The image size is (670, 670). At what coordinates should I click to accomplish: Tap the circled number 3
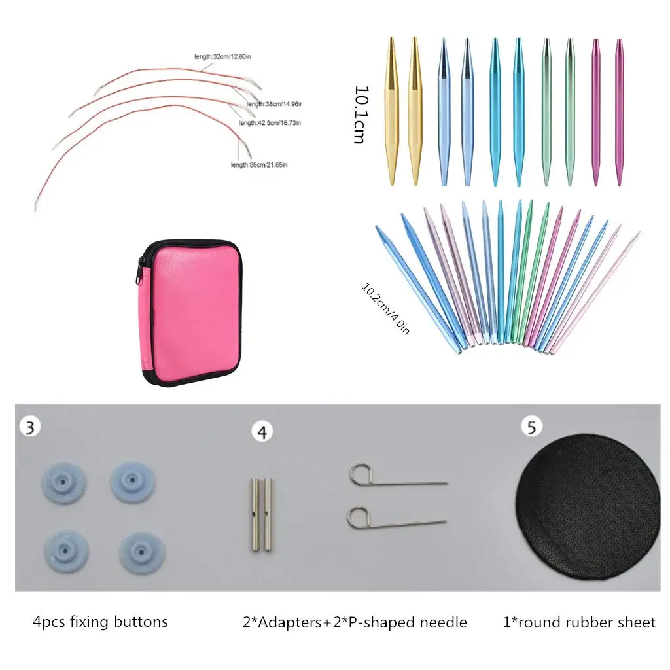(x=30, y=427)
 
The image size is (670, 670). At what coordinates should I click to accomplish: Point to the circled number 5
(x=531, y=427)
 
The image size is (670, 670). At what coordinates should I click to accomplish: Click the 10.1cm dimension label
(x=359, y=115)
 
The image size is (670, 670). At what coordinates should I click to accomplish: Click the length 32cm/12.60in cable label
(x=223, y=57)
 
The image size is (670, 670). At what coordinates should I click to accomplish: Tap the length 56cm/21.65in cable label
(x=259, y=164)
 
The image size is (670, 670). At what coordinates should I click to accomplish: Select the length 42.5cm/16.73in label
(x=270, y=123)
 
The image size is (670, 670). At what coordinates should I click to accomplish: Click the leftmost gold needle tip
(x=391, y=111)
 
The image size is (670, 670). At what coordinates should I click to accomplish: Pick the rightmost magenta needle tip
(x=619, y=111)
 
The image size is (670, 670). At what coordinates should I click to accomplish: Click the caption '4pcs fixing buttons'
(x=100, y=622)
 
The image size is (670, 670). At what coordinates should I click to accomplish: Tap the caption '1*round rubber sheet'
(x=579, y=622)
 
